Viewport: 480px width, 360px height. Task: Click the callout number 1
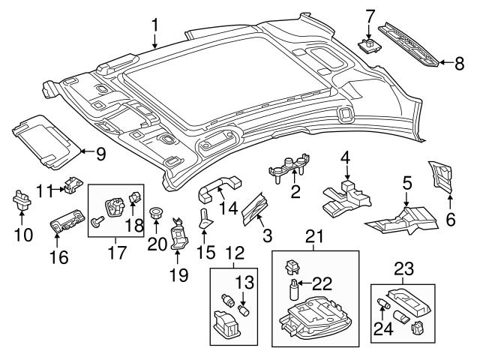pos(154,26)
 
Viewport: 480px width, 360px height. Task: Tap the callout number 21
pos(313,238)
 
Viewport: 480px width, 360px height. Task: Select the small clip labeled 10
pos(20,201)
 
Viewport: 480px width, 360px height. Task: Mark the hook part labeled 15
pos(206,218)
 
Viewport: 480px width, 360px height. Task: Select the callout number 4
pos(345,157)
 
